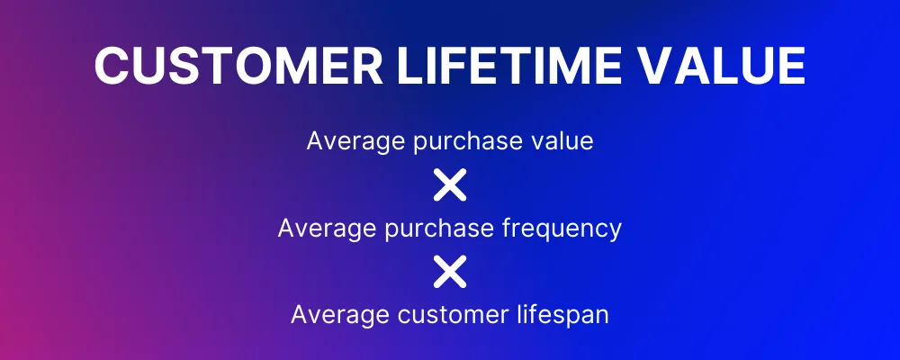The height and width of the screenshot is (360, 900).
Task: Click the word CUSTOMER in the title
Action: coord(238,66)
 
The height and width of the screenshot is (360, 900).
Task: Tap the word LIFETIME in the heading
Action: coord(508,66)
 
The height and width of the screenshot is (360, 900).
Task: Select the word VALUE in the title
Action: coord(722,66)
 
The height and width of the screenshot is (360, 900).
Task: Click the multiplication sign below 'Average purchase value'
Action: coord(450,184)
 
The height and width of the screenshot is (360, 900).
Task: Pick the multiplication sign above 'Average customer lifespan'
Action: coord(450,272)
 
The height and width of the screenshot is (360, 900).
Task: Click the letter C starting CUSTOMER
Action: coord(111,66)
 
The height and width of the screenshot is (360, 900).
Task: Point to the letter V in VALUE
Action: coord(655,66)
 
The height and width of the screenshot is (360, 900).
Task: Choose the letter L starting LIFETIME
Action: coord(409,66)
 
